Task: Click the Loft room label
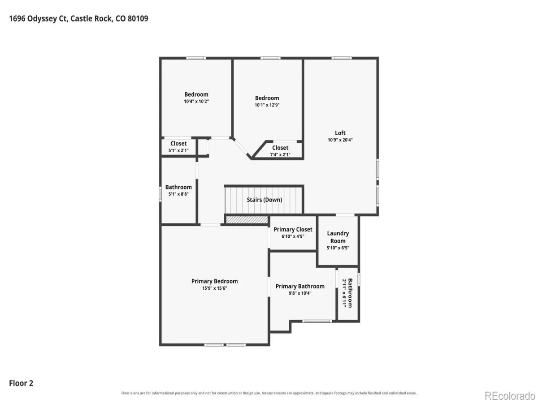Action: (x=340, y=133)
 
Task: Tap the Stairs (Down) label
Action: (x=264, y=200)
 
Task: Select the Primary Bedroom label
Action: (x=214, y=281)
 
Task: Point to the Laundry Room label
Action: (x=338, y=237)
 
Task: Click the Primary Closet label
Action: (x=293, y=229)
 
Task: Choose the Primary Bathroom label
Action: (x=300, y=286)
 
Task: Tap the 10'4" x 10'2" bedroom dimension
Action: (x=196, y=101)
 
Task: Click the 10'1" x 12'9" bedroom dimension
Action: (x=267, y=105)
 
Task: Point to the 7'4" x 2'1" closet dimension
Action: (x=280, y=154)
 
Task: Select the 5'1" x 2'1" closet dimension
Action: (x=178, y=150)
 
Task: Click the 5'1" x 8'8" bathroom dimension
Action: (x=178, y=194)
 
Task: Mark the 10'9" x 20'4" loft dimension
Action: (x=340, y=140)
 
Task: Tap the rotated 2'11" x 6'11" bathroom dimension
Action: (x=344, y=293)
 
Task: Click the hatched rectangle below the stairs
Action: (x=247, y=219)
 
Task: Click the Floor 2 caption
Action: (x=21, y=383)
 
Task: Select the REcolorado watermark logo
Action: (x=510, y=396)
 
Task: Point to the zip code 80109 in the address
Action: (x=138, y=19)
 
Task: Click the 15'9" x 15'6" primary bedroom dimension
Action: (x=214, y=288)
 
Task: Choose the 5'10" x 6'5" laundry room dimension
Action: (x=338, y=248)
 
